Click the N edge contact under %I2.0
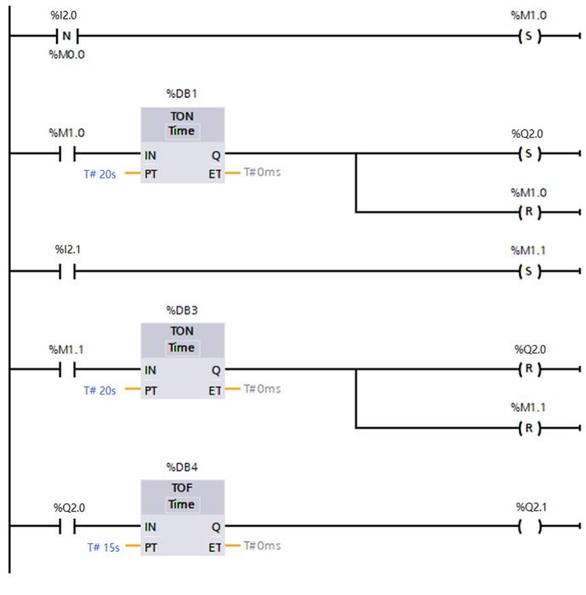click(66, 36)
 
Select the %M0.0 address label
click(66, 54)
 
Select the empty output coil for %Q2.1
click(530, 526)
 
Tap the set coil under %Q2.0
click(528, 154)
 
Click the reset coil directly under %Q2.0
click(528, 370)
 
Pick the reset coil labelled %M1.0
click(528, 212)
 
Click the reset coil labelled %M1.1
click(528, 428)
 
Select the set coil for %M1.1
click(528, 271)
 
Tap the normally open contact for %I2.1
click(66, 271)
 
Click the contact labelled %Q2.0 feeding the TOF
click(66, 526)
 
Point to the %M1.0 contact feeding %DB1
click(66, 154)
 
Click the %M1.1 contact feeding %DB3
click(66, 370)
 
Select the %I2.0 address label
click(66, 16)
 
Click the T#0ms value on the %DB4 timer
click(262, 545)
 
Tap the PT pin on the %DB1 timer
click(151, 173)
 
